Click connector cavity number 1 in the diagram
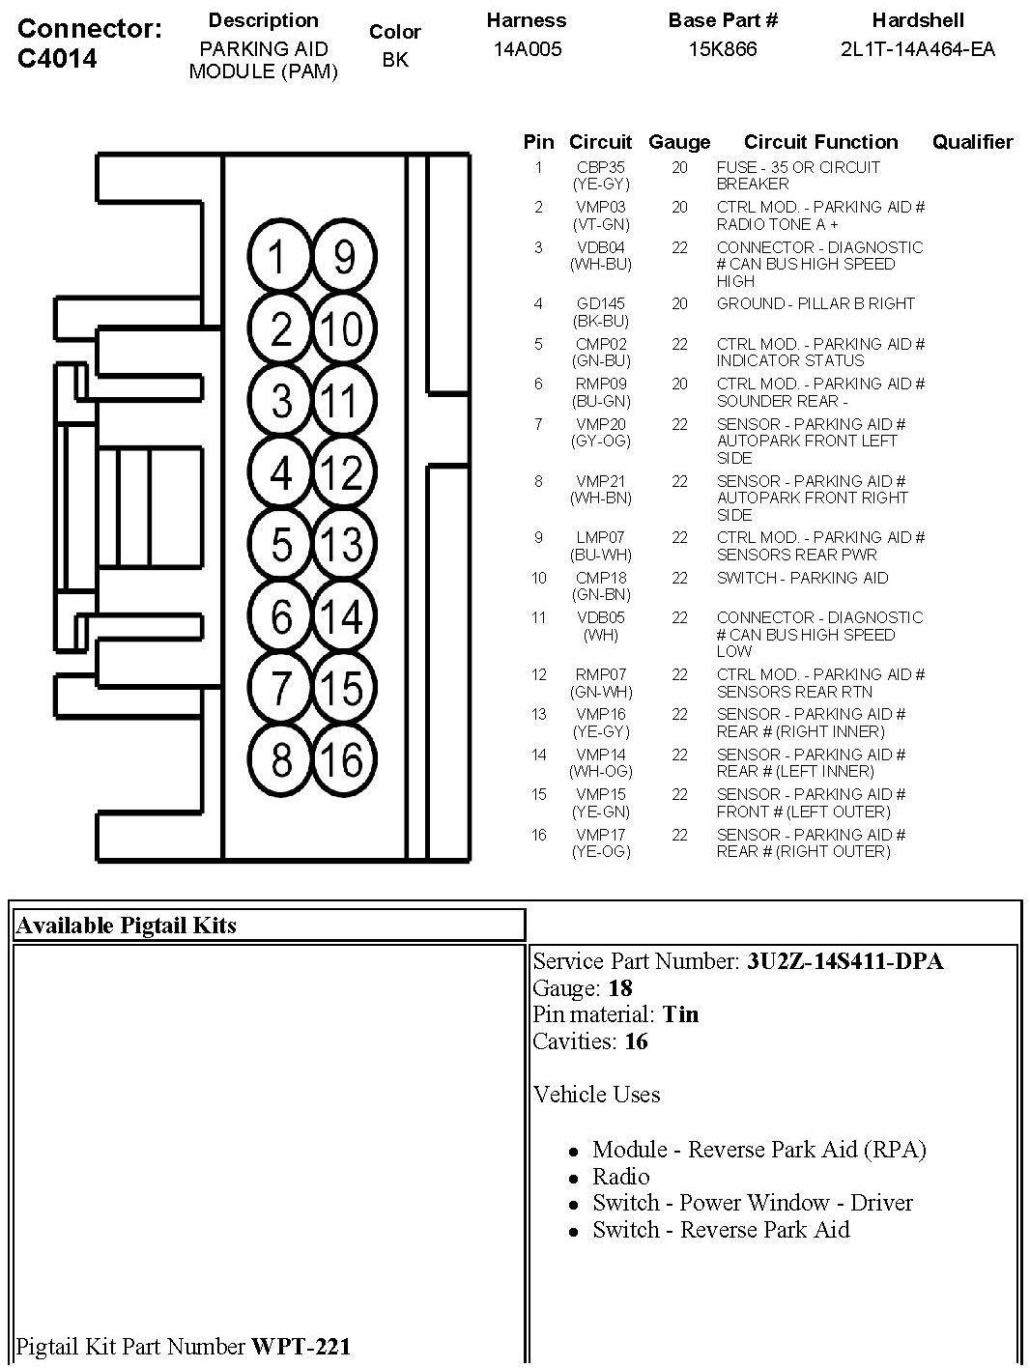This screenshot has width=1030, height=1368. coord(278,257)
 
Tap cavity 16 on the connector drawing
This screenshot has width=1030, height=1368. coord(343,760)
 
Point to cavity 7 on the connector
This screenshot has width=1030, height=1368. coord(280,688)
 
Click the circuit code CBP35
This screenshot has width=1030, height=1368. coord(600,167)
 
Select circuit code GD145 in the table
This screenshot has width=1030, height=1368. coord(600,303)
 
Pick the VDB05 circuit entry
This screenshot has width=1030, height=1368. coord(600,617)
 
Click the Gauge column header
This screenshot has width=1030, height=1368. coord(679,142)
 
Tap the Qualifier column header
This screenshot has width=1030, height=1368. coord(972,142)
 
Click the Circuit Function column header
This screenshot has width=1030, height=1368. coord(820,142)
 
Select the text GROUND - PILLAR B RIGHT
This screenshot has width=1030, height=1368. coord(815,303)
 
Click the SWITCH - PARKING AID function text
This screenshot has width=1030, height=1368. coord(802,578)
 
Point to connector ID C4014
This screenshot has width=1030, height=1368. coord(58,59)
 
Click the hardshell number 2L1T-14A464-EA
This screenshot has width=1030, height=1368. coord(917,49)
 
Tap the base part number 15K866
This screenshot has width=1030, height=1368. coord(723,49)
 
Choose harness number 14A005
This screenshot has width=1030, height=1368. coord(528,49)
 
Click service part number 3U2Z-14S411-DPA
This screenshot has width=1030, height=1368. coord(844,961)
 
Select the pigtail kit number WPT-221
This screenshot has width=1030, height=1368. coord(300,1346)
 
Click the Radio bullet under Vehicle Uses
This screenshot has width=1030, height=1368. coord(621,1177)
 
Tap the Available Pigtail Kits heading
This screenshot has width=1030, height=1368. coord(127,926)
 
